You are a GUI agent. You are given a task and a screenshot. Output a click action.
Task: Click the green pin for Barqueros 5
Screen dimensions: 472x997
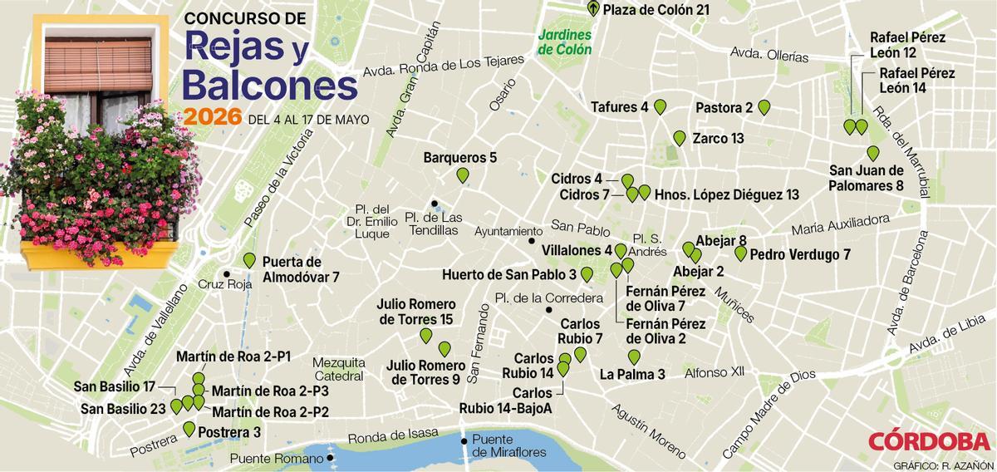463,175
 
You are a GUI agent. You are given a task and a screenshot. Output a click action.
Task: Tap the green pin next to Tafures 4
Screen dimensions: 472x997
661,106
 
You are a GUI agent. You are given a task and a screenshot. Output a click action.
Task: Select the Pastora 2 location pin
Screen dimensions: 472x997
764,107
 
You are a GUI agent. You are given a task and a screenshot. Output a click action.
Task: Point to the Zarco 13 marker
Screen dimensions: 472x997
680,138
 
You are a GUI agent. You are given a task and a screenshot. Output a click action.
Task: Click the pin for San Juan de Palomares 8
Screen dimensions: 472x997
873,153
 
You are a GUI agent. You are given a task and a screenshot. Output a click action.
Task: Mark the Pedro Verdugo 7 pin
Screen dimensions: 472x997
740,253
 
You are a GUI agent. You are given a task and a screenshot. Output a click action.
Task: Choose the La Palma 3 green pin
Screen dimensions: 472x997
635,357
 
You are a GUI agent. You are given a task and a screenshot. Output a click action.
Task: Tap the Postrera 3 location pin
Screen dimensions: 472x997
189,430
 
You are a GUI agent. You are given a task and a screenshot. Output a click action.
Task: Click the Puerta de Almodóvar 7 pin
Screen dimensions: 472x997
249,260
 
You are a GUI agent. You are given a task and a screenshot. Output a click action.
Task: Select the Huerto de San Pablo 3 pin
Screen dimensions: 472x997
587,274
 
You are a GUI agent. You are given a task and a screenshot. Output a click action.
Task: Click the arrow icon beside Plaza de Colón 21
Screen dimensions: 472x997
592,10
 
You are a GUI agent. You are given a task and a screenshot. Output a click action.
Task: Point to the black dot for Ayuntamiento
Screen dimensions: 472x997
532,241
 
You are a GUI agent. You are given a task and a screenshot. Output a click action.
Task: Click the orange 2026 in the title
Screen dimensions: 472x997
213,117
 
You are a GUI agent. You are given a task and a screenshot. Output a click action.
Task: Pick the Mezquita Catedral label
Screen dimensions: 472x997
339,369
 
